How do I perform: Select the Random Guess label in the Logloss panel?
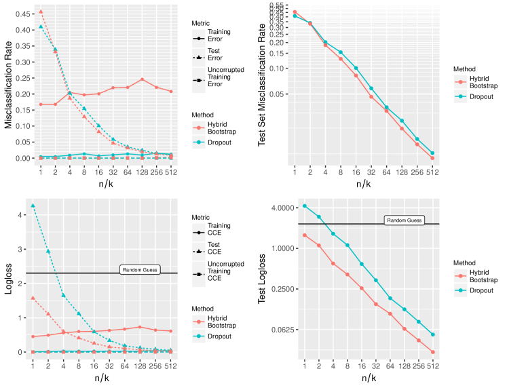[x=139, y=270]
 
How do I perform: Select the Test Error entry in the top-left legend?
[x=215, y=54]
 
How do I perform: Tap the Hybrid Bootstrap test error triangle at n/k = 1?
[x=33, y=12]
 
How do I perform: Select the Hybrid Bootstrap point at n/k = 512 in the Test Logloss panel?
[x=432, y=352]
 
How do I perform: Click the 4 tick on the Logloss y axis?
[x=22, y=215]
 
